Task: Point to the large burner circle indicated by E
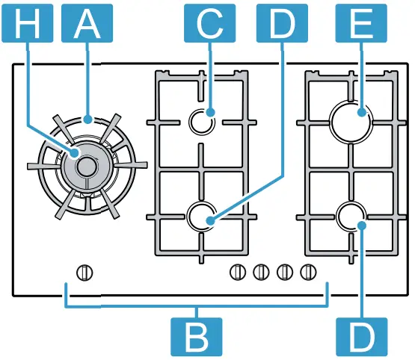(x=351, y=120)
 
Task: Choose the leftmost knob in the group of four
(x=237, y=272)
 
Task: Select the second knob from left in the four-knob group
(x=261, y=272)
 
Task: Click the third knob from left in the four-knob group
(x=285, y=272)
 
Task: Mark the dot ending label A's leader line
(x=88, y=118)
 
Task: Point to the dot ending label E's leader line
(x=362, y=114)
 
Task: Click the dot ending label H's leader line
(x=77, y=152)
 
